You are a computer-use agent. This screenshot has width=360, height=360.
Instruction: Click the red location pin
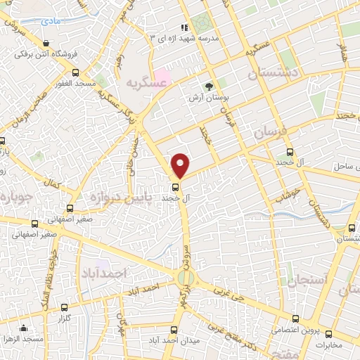click(x=181, y=165)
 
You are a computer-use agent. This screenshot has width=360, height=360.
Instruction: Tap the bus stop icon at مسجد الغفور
click(x=76, y=72)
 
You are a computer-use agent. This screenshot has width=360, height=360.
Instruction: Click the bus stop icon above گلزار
click(x=65, y=307)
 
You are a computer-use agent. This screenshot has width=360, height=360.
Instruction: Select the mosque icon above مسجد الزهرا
click(x=23, y=327)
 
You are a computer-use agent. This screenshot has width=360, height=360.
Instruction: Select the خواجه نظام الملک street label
click(x=52, y=270)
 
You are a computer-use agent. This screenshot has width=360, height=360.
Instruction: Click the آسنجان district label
click(x=308, y=280)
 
